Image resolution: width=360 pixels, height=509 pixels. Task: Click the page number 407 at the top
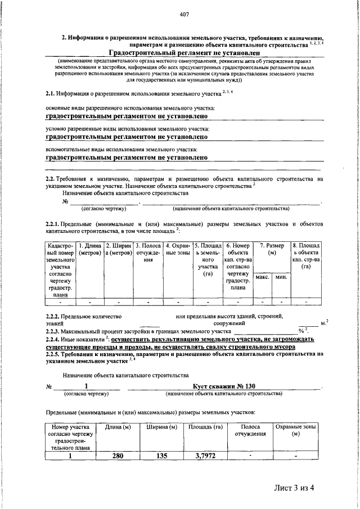184,14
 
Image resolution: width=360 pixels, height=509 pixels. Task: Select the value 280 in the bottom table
118,456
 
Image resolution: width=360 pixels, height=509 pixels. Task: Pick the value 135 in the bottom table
162,456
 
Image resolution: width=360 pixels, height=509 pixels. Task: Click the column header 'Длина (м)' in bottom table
118,428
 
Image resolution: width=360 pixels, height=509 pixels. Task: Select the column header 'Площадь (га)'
204,428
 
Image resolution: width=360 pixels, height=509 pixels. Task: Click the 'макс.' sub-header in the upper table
262,277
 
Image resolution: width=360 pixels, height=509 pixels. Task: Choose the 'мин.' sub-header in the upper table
281,277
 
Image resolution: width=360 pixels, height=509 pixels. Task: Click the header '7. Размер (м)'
271,250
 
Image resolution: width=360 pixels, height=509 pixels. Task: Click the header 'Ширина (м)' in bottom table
162,428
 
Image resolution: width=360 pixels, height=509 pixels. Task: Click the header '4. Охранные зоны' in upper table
177,249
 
